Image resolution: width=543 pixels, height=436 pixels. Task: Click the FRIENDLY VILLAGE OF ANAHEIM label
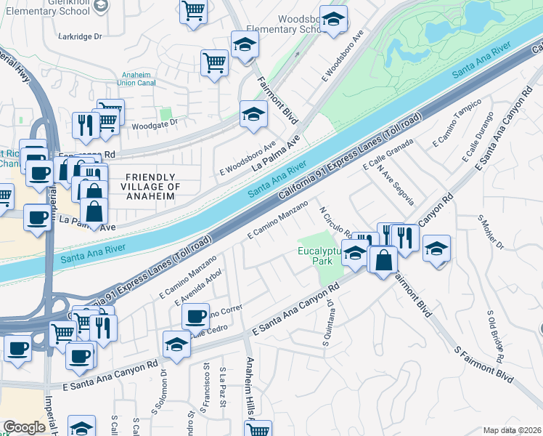pyautogui.click(x=150, y=187)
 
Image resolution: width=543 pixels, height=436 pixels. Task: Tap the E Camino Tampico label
pyautogui.click(x=457, y=128)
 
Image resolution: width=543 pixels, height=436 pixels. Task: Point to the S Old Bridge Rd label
pyautogui.click(x=495, y=336)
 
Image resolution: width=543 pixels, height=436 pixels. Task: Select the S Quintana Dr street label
pyautogui.click(x=327, y=323)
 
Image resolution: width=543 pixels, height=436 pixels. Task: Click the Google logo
pyautogui.click(x=24, y=427)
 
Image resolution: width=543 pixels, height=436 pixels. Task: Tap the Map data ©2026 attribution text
pyautogui.click(x=513, y=430)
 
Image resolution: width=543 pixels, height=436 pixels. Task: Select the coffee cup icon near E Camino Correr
pyautogui.click(x=195, y=316)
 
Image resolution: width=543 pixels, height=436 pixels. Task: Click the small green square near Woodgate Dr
pyautogui.click(x=166, y=114)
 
